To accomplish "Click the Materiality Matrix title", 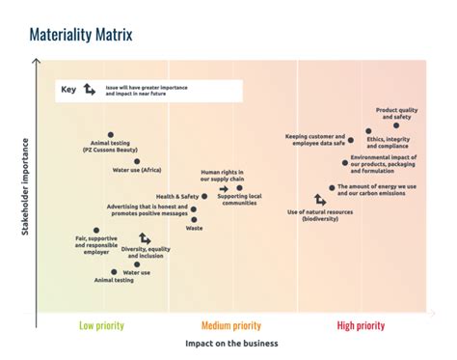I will point(81,37).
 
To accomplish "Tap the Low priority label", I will point(101,325).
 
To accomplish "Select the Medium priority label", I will point(231,325).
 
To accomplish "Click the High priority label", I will point(361,325).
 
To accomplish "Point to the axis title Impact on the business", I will point(231,344).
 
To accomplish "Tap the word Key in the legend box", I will point(68,91).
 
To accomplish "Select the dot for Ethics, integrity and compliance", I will point(368,131).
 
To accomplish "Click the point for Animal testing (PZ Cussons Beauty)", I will point(111,135).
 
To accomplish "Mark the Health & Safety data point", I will point(204,196).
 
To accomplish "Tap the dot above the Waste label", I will point(194,220).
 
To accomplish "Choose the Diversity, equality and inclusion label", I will point(146,252).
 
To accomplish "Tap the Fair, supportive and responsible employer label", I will point(94,243).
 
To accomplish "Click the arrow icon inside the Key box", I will point(89,90).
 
